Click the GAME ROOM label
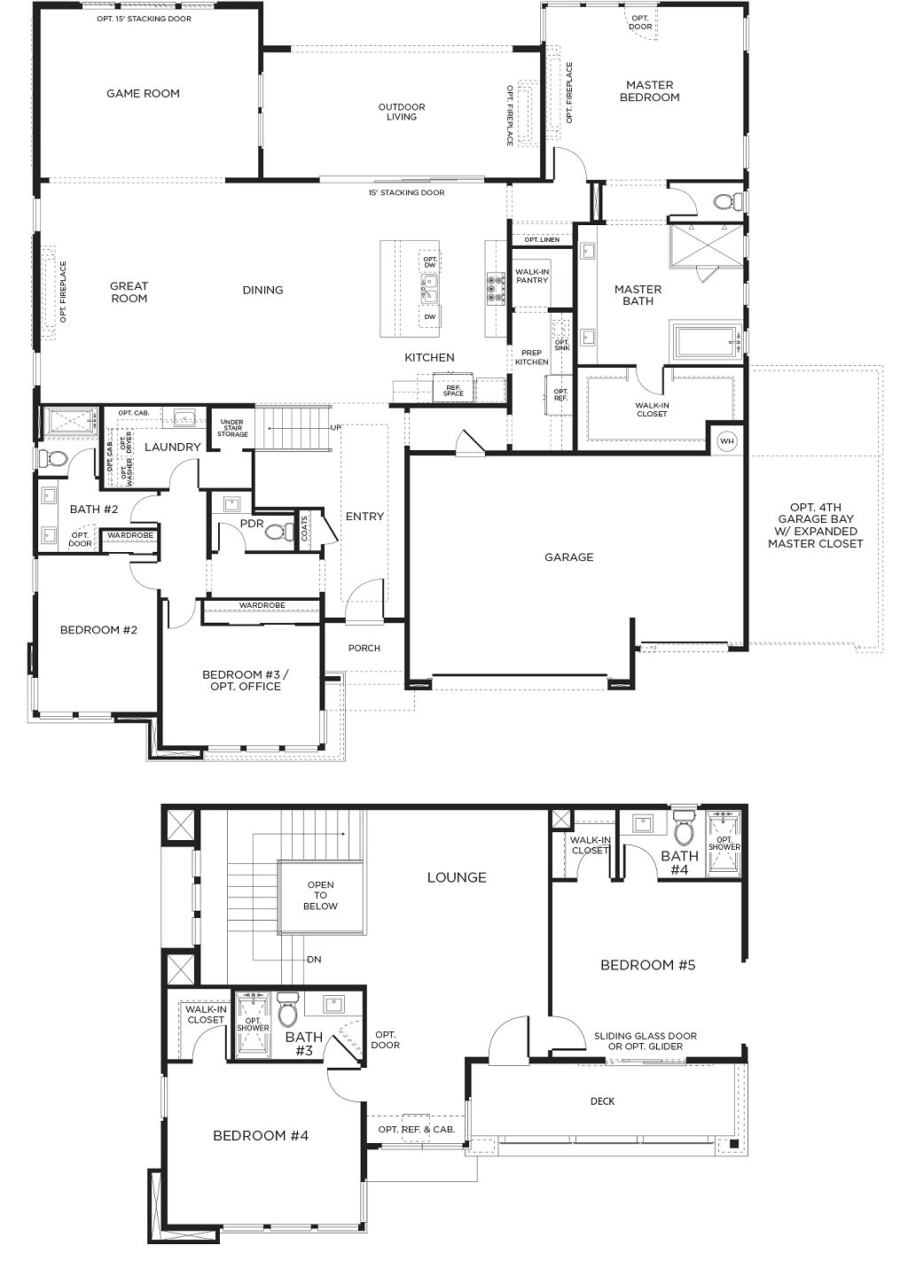pyautogui.click(x=143, y=93)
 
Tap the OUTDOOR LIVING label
pyautogui.click(x=402, y=112)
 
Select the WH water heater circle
pyautogui.click(x=727, y=440)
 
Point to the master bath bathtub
pyautogui.click(x=706, y=342)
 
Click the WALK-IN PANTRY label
pyautogui.click(x=532, y=276)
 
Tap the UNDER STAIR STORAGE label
pyautogui.click(x=232, y=429)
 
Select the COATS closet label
pyautogui.click(x=305, y=530)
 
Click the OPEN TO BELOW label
pyautogui.click(x=320, y=895)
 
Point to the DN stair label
pyautogui.click(x=314, y=959)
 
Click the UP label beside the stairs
pyautogui.click(x=335, y=427)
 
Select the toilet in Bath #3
pyautogui.click(x=288, y=1011)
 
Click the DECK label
pyautogui.click(x=602, y=1101)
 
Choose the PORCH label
pyautogui.click(x=364, y=648)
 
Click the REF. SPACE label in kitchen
pyautogui.click(x=453, y=390)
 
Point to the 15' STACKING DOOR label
pyautogui.click(x=406, y=192)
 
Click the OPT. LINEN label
pyautogui.click(x=541, y=240)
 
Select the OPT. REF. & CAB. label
pyautogui.click(x=416, y=1129)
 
